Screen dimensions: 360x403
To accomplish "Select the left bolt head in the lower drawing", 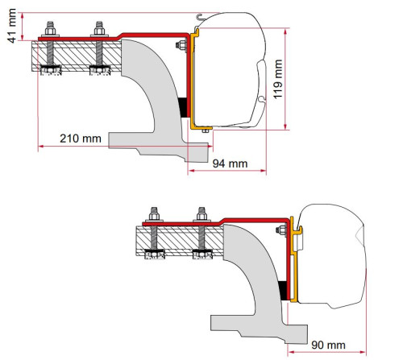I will [x=152, y=215].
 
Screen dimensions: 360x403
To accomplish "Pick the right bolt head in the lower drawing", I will [x=199, y=215].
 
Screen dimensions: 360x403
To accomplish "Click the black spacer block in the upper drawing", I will [x=183, y=106].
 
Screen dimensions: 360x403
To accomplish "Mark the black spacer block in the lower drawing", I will [x=282, y=291].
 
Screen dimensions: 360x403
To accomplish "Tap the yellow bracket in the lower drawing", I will [x=295, y=274].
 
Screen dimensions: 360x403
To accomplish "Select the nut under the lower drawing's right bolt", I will [x=200, y=256].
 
